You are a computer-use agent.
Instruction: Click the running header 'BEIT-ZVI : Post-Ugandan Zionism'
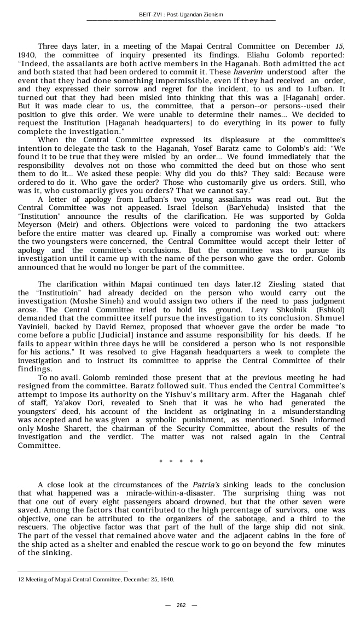click(181, 14)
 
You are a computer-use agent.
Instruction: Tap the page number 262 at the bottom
click(181, 605)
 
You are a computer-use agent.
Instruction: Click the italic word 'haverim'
click(251, 72)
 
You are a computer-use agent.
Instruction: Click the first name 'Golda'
click(332, 216)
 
